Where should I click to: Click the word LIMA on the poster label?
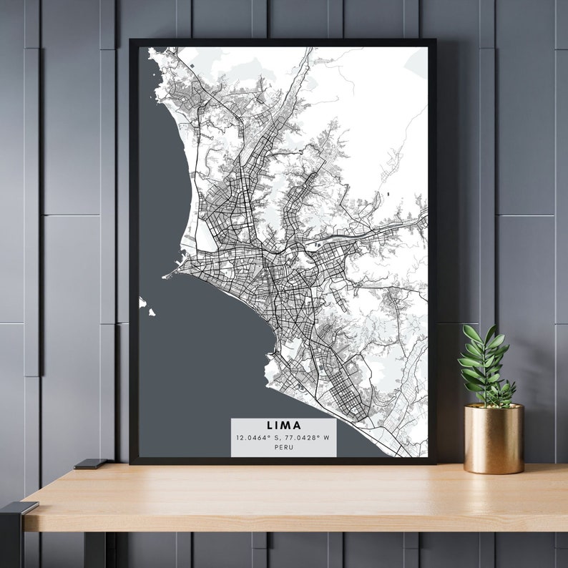283,426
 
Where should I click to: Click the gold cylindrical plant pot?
494,440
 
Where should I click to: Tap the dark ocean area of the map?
193,358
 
